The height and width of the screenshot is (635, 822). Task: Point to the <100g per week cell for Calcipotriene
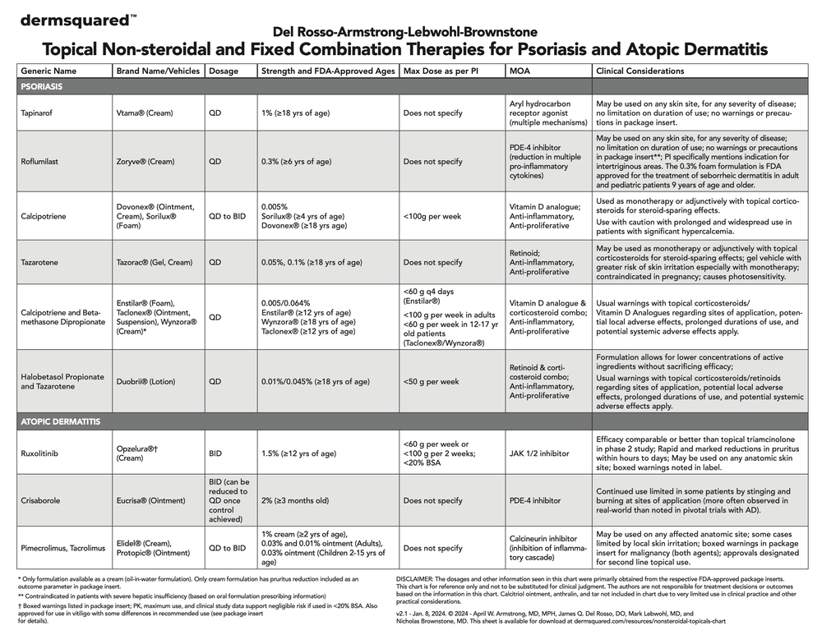point(432,217)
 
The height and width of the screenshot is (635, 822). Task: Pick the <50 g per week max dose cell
point(432,382)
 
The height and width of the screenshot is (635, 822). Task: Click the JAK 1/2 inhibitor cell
point(539,453)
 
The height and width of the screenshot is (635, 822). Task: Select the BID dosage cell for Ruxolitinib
point(215,453)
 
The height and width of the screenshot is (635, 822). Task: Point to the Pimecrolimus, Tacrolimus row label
point(62,548)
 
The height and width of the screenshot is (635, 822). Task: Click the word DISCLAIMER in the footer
point(419,578)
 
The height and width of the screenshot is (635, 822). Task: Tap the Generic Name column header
point(48,71)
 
